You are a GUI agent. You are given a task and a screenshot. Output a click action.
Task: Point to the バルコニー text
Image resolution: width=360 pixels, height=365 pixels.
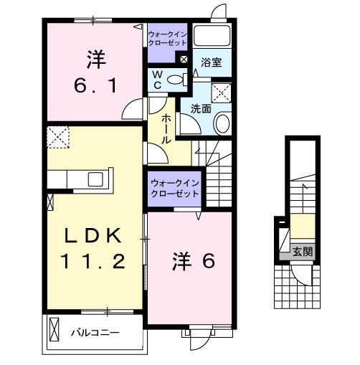coord(95,333)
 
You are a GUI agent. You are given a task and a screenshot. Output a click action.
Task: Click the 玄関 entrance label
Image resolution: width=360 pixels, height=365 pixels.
coord(302,251)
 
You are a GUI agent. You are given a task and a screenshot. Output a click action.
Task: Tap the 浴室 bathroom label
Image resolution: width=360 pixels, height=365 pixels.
coord(211,63)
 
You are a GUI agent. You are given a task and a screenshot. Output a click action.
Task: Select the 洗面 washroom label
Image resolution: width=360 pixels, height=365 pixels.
coord(200,109)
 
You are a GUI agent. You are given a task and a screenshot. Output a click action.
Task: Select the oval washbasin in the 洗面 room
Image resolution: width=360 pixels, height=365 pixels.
coord(222,123)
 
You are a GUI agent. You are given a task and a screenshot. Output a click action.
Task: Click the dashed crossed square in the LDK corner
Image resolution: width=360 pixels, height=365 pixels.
coord(57,135)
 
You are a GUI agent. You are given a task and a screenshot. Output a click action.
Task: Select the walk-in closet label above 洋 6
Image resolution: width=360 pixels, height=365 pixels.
coord(175,189)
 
